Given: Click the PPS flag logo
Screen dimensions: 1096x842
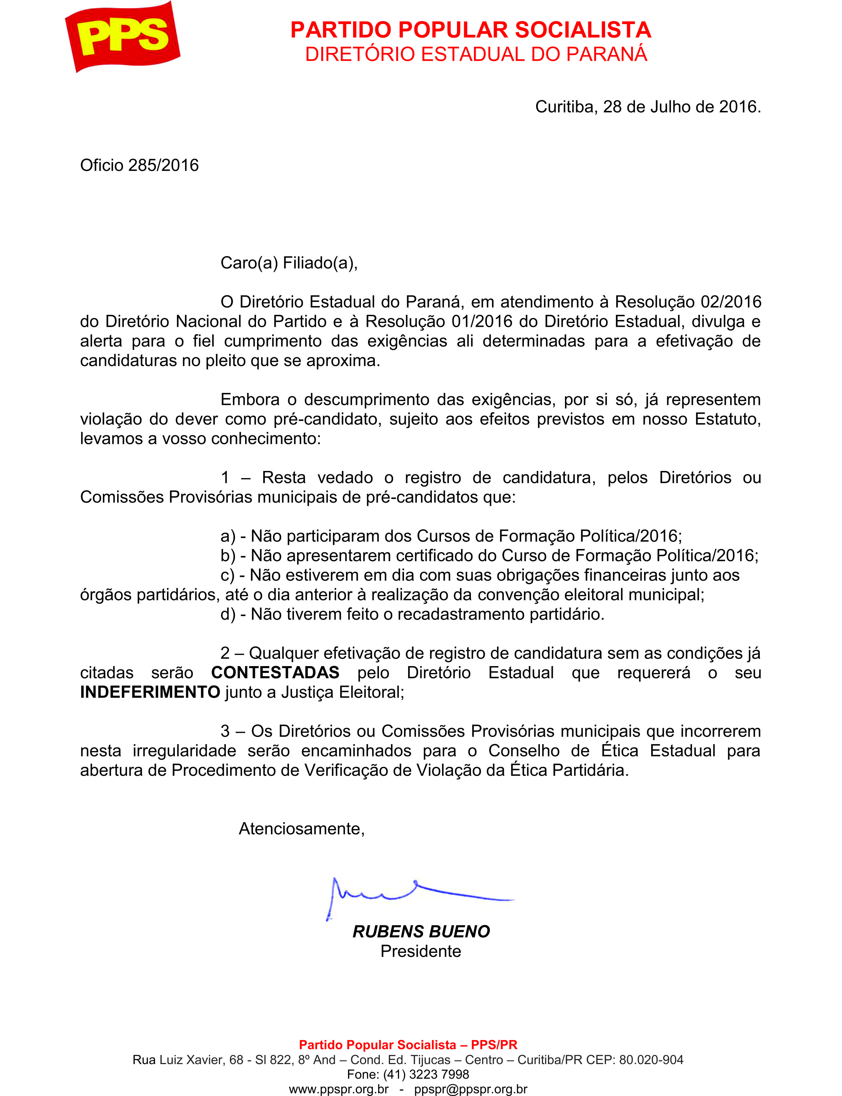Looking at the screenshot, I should click(x=123, y=36).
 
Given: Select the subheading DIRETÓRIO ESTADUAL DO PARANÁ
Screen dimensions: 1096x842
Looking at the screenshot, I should click(x=476, y=54).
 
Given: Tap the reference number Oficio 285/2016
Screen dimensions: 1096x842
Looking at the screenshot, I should click(x=139, y=165).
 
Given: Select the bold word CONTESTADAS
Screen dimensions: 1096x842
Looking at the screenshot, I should click(x=275, y=672).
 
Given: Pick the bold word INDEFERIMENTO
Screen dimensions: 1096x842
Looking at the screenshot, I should click(x=150, y=692).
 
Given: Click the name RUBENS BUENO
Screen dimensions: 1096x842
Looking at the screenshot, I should click(x=421, y=931).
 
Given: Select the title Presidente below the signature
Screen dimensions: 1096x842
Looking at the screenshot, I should click(x=421, y=951).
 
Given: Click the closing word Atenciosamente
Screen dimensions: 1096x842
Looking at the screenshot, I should click(x=301, y=829).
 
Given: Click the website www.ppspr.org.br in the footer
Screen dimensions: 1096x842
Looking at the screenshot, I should click(x=339, y=1089).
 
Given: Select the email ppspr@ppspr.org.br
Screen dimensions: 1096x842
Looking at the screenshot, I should click(x=471, y=1089).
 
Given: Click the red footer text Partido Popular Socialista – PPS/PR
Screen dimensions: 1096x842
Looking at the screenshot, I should click(x=408, y=1044).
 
